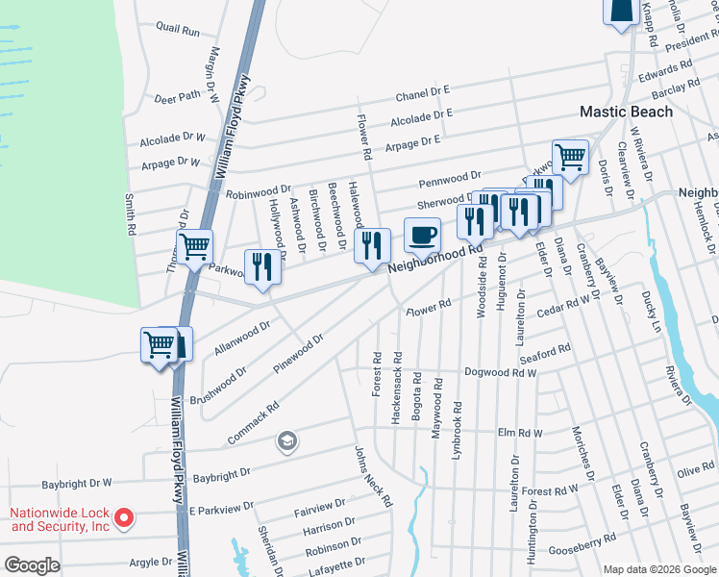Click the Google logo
32,565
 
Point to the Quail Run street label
177,32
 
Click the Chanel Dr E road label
423,95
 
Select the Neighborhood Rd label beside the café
434,262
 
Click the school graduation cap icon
285,441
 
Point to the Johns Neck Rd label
373,476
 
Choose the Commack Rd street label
253,421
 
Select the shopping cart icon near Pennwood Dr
570,156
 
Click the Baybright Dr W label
76,483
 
